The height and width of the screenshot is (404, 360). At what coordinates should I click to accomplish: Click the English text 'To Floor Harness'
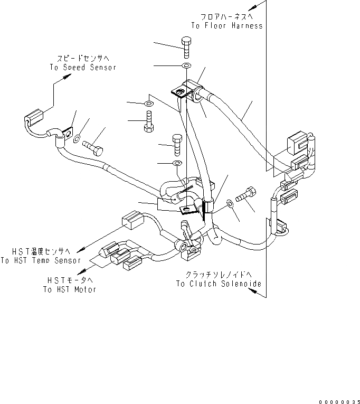(226, 26)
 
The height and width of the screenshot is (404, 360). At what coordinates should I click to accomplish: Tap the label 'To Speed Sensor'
(83, 68)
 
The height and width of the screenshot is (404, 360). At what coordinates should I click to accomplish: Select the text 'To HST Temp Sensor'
(41, 260)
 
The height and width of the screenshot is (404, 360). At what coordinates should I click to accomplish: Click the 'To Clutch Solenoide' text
(219, 284)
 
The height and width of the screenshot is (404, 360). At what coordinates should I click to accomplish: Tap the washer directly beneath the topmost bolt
(186, 65)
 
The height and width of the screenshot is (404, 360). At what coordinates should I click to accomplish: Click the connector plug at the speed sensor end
(35, 115)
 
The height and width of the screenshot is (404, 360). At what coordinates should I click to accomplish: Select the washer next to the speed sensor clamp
(77, 139)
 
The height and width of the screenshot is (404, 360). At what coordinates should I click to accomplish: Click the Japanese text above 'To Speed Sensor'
(84, 59)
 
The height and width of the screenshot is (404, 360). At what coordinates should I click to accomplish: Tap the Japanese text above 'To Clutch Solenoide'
(219, 275)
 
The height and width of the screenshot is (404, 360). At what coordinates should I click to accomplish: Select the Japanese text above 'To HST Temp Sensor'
(41, 252)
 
